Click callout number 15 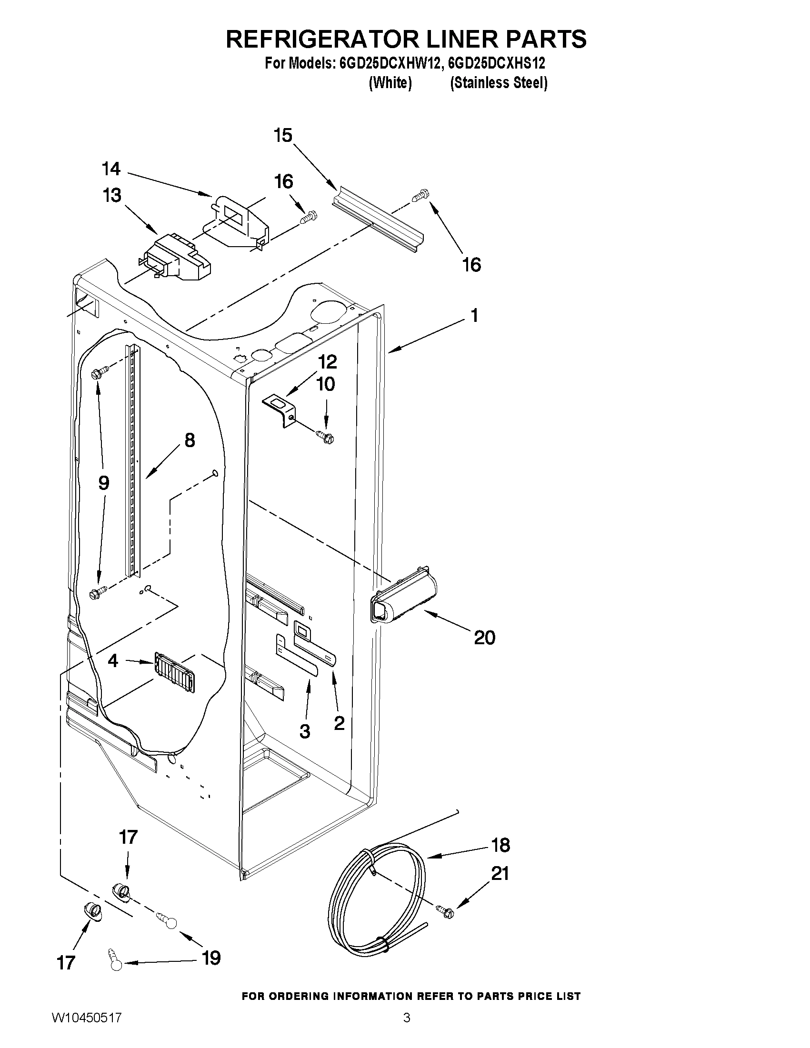click(283, 136)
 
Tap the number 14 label click(111, 169)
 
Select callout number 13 click(112, 196)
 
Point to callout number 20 click(484, 638)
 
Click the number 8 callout click(190, 440)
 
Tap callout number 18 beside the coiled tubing click(501, 845)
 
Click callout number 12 click(327, 361)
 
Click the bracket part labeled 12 click(280, 409)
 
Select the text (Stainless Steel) click(499, 83)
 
